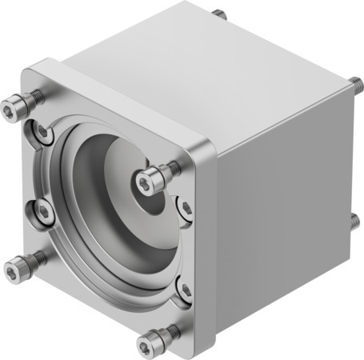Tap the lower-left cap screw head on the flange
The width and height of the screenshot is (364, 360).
16,265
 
